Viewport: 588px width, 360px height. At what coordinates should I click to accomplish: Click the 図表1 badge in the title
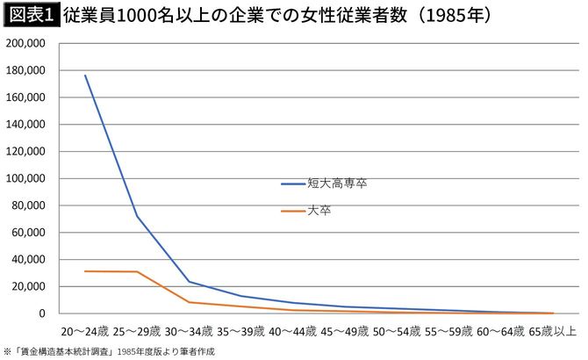tap(31, 16)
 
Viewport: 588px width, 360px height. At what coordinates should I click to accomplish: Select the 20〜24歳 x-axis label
tap(85, 332)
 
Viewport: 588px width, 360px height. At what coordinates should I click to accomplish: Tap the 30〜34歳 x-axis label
tap(188, 332)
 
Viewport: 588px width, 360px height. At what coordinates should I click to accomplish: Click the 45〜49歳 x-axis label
tap(342, 332)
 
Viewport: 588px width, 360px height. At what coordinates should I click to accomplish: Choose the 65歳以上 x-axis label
tap(551, 332)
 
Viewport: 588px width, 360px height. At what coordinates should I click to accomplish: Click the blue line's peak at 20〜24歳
tap(85, 75)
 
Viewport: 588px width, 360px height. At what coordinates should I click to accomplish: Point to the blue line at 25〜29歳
tap(137, 215)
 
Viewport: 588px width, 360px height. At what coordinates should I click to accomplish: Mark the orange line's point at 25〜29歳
tap(137, 272)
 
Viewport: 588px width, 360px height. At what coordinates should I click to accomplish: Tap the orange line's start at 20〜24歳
tap(85, 271)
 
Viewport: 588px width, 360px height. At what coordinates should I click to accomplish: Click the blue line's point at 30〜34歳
tap(189, 282)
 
